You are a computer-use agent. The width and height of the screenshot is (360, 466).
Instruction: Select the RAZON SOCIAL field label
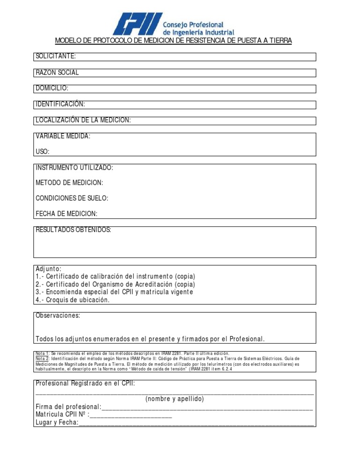click(57, 73)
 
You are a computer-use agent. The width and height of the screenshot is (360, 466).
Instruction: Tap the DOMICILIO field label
click(52, 88)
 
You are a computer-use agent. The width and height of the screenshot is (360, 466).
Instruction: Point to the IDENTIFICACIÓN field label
click(60, 104)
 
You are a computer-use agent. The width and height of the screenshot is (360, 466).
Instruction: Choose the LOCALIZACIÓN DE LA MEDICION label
click(83, 120)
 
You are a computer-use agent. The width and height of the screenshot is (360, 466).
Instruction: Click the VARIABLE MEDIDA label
click(63, 136)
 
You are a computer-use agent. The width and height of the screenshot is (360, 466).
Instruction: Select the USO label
click(42, 152)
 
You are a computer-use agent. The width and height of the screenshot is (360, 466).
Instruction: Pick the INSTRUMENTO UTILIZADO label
click(74, 167)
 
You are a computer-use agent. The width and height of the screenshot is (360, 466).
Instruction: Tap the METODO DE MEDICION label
click(69, 182)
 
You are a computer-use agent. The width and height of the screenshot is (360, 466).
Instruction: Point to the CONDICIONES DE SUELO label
click(72, 198)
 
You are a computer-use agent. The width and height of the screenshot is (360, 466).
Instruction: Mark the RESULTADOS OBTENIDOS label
click(74, 230)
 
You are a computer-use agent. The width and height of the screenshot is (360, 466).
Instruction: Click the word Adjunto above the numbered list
click(48, 269)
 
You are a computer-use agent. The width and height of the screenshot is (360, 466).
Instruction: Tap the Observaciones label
click(58, 316)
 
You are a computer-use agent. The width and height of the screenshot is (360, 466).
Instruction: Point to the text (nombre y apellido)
click(174, 399)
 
